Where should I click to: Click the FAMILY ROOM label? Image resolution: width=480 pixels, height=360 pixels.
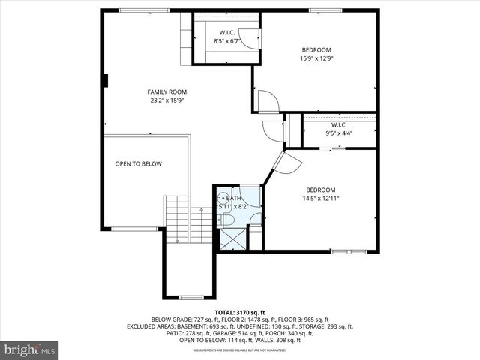[166, 91]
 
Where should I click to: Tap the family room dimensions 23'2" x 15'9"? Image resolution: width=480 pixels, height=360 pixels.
[166, 100]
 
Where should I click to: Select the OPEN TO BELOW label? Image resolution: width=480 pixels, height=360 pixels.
[138, 163]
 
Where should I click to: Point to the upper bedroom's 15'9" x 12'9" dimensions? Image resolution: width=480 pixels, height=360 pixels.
[316, 58]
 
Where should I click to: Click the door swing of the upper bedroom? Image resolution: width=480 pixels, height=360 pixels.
[267, 102]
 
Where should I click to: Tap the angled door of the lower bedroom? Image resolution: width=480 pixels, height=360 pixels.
[286, 163]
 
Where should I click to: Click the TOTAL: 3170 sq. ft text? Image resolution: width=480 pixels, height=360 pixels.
[240, 312]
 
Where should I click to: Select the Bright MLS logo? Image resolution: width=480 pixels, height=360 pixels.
[31, 349]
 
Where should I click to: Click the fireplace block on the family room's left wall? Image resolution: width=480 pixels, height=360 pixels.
[106, 79]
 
